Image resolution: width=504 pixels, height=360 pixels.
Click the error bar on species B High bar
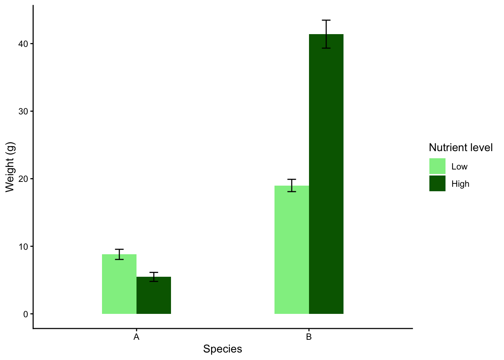pos(326,34)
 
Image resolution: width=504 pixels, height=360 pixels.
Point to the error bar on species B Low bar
pos(292,185)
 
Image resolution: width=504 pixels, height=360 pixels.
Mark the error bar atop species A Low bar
pos(119,254)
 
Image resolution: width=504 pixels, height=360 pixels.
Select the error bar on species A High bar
pos(154,277)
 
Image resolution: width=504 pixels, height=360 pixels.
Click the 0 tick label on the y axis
pos(25,314)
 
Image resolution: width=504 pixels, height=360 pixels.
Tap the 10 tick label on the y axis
pos(23,247)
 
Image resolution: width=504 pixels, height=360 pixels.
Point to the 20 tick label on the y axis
pos(23,179)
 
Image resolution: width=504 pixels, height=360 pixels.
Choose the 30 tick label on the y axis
pos(23,111)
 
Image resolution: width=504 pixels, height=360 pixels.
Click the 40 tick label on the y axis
pos(23,44)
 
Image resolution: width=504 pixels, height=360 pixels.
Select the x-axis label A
pos(136,337)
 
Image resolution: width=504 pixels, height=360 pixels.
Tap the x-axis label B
pos(309,337)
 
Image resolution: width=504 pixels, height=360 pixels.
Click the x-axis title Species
pos(222,349)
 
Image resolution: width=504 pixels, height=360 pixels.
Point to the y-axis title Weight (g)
pos(10,167)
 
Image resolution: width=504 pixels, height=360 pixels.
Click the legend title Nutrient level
pos(460,148)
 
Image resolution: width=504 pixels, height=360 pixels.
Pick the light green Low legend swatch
pos(437,166)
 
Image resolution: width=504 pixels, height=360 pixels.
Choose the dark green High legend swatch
pos(437,183)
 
